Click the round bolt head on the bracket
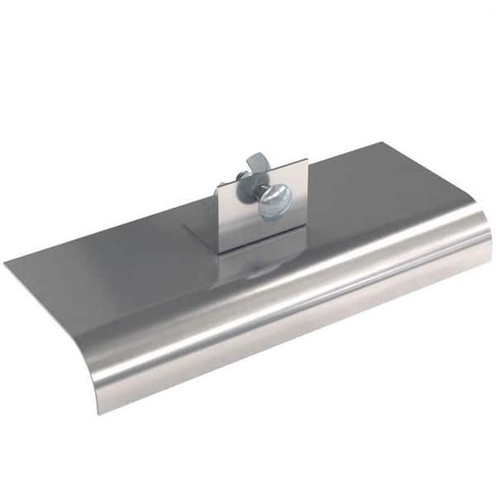point(275,202)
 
